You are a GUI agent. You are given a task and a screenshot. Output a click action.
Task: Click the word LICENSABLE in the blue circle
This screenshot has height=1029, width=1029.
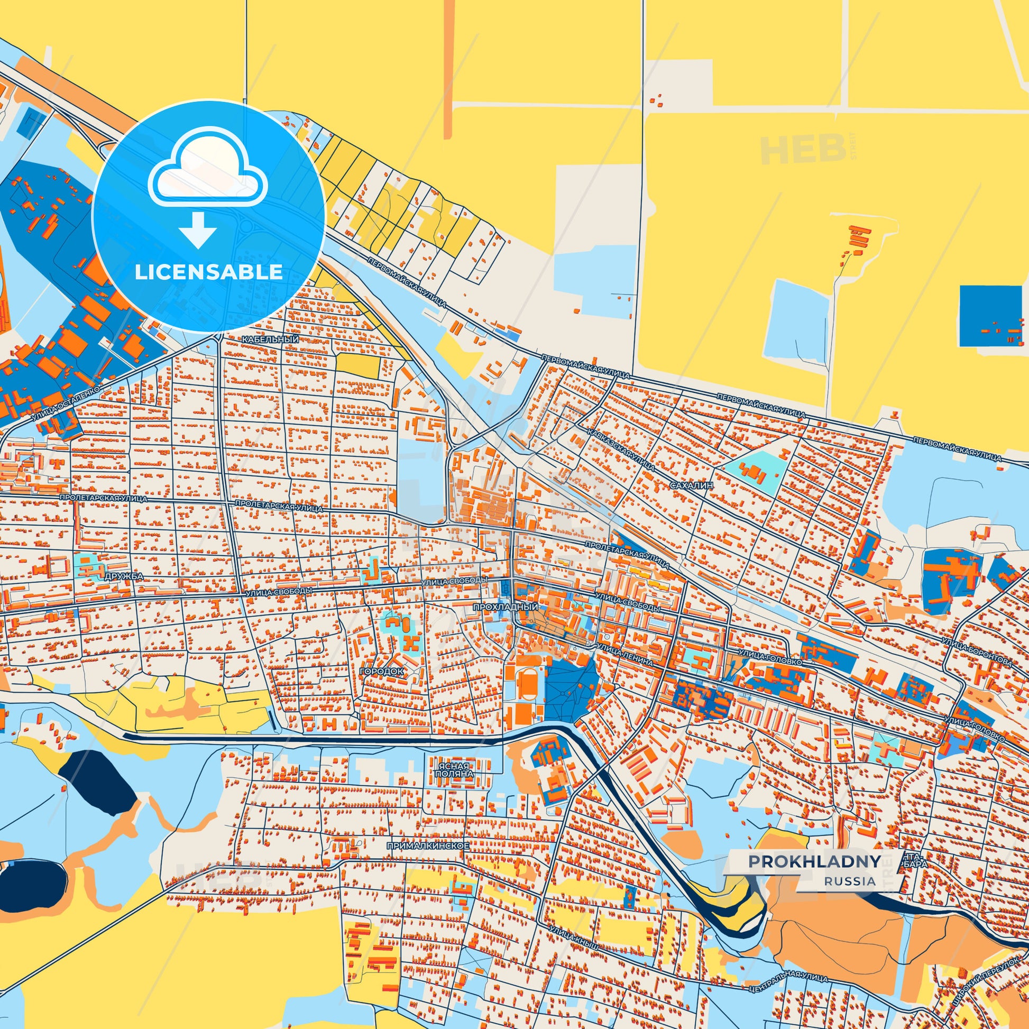pos(208,272)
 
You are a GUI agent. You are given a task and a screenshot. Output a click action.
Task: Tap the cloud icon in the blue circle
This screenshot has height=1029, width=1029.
pos(208,169)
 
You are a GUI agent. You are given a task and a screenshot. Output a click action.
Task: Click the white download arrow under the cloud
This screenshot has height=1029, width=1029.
pos(198,229)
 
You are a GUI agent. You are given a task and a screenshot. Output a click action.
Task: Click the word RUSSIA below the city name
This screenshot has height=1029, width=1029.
pos(850,881)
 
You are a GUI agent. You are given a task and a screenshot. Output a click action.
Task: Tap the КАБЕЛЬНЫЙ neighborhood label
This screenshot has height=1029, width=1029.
pos(270,340)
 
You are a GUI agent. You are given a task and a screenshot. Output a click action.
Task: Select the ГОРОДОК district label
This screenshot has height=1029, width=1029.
pos(381,672)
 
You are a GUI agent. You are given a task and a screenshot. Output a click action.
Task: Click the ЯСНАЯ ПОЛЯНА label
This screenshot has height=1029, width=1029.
pos(454,768)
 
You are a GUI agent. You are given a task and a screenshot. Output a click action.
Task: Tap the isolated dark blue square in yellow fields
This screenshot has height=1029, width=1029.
pos(990,316)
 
